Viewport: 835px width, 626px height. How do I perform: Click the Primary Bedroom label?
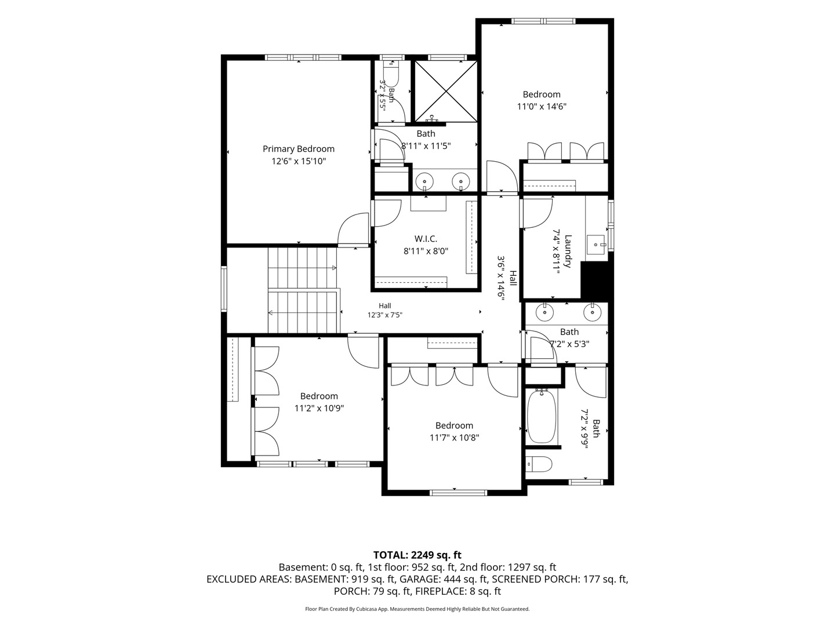coord(298,148)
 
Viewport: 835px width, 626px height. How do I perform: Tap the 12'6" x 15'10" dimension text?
coord(298,161)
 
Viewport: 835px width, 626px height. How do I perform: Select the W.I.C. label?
coord(426,239)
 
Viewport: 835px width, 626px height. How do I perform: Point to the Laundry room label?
coord(568,251)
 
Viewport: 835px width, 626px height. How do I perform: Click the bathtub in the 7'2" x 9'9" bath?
coord(542,416)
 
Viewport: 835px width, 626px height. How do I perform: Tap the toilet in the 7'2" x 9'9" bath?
coord(539,464)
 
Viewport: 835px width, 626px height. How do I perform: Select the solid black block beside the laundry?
coord(597,281)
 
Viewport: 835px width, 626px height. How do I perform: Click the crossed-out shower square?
coord(445,91)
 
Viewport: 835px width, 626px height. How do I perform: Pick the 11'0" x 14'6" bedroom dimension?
coord(542,107)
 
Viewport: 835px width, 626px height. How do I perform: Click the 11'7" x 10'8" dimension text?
coord(454,438)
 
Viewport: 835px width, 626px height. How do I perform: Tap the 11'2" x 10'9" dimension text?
coord(319,408)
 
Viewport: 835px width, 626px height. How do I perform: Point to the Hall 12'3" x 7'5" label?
coord(384,310)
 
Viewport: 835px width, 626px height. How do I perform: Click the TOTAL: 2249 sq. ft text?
coord(418,555)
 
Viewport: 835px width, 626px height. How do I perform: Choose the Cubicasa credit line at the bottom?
coord(418,609)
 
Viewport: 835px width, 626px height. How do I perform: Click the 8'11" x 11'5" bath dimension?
coord(426,146)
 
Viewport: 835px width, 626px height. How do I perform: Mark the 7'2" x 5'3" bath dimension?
coord(569,344)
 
